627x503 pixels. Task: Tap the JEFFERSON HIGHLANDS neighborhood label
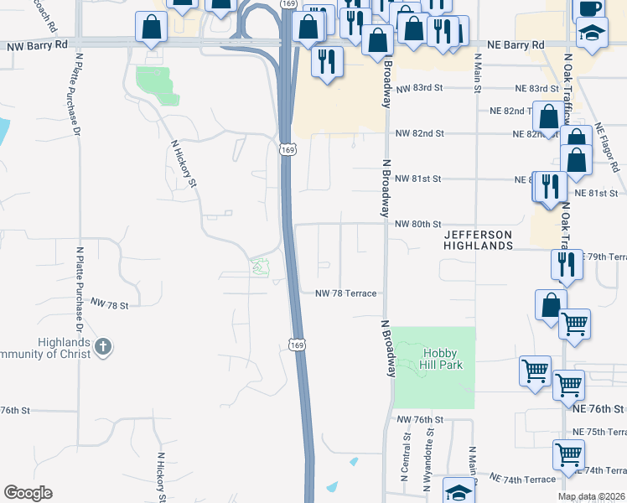pos(478,240)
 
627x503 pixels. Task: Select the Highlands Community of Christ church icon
pos(103,347)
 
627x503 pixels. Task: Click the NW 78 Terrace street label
pos(345,293)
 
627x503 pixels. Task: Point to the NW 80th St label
pos(417,224)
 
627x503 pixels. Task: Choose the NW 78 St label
pos(109,306)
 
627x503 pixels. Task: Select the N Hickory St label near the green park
pos(183,163)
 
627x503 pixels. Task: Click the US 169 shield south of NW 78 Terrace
pos(293,345)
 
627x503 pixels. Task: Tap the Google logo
pos(28,493)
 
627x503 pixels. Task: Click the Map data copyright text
pos(590,496)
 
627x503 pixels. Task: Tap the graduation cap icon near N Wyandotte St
pos(458,493)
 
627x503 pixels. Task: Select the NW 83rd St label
pos(418,88)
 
